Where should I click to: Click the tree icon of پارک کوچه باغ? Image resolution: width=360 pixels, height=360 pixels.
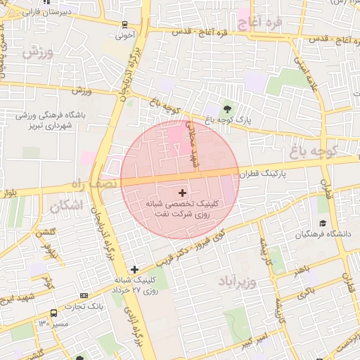coord(227,108)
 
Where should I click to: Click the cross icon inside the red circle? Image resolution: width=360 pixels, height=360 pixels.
coord(182,192)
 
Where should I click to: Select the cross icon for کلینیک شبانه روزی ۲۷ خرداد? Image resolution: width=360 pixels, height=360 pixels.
coord(134,269)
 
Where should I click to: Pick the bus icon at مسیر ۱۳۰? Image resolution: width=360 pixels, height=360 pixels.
coord(53,313)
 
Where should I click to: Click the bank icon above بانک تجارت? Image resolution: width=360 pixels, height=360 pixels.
coord(85,295)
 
